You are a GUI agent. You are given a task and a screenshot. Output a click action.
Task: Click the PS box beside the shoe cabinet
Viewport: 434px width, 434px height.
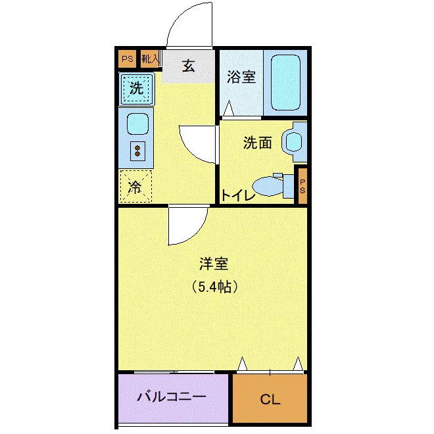[128, 59]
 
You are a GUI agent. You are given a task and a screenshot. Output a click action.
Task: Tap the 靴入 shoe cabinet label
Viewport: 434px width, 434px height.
[151, 59]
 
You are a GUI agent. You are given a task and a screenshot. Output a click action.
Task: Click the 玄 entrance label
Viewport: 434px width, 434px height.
[189, 66]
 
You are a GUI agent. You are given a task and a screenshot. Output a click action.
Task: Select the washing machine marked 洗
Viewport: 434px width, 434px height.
[137, 89]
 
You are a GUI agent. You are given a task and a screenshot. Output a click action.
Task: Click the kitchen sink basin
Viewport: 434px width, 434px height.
[137, 124]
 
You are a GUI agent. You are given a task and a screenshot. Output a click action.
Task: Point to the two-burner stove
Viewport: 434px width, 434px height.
[137, 151]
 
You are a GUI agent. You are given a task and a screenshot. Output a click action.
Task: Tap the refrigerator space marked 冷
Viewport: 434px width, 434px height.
[135, 186]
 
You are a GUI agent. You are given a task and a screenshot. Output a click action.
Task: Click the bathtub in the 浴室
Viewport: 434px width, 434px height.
[285, 82]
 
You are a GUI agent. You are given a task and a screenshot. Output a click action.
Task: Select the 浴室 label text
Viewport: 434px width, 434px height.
[241, 77]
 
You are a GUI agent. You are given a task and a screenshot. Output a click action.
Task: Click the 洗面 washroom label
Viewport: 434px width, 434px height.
[257, 143]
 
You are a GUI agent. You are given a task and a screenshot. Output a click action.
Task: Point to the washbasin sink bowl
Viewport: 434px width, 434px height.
[293, 142]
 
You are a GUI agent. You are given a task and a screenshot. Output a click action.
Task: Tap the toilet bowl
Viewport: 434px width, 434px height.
[268, 186]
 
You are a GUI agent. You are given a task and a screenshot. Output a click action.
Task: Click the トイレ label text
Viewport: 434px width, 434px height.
[238, 195]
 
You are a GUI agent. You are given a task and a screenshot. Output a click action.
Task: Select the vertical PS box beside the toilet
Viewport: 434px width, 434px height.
[302, 186]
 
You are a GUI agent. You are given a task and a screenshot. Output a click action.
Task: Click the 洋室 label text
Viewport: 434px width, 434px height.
[214, 264]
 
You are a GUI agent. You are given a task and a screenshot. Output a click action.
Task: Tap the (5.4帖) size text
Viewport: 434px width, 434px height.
[215, 287]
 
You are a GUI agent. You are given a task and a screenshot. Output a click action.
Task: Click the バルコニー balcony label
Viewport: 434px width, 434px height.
[172, 397]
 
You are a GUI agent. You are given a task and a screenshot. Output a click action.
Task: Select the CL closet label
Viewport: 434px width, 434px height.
[270, 399]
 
